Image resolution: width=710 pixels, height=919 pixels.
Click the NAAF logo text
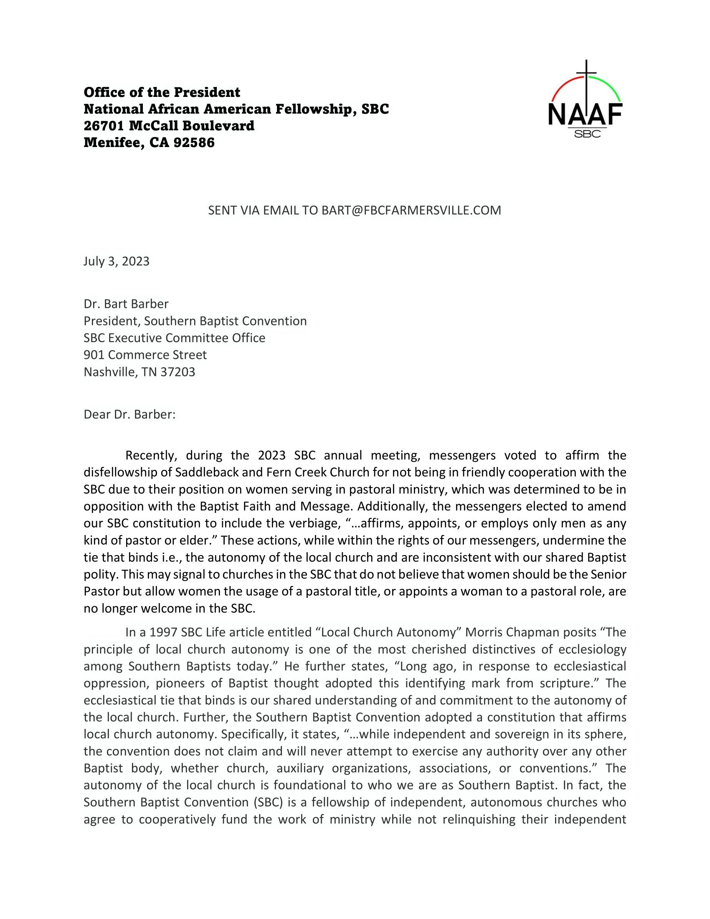(586, 114)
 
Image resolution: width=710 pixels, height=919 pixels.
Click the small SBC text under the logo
(587, 134)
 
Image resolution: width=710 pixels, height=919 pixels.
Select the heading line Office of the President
(162, 92)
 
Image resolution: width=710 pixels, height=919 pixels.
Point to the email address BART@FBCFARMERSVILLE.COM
(411, 210)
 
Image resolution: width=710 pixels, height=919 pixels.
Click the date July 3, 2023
(117, 261)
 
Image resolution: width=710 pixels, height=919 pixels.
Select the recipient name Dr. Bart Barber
(126, 304)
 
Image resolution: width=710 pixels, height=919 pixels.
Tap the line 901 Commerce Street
(145, 355)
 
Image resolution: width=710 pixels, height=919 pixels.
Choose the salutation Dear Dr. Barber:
(129, 414)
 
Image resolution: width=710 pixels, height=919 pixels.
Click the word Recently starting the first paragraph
(150, 455)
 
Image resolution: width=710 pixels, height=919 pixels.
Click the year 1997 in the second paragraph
(164, 632)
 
